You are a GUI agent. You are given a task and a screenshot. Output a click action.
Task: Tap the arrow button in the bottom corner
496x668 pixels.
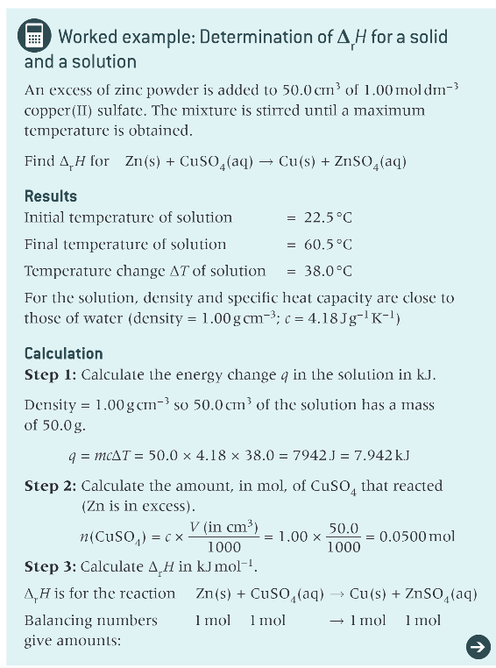477,645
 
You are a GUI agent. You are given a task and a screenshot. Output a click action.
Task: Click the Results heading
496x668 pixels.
50,195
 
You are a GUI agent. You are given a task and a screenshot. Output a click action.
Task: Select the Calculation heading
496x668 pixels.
63,353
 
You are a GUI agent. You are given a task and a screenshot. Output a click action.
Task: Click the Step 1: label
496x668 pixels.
50,375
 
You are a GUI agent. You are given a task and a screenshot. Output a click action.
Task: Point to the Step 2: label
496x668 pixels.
50,485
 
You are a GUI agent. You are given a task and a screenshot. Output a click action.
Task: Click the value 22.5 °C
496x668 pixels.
327,217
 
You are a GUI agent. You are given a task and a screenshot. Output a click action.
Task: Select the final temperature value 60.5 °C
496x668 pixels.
327,245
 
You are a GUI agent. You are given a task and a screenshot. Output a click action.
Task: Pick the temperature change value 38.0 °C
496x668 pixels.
327,272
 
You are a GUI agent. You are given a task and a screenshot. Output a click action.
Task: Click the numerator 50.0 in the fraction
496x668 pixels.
343,528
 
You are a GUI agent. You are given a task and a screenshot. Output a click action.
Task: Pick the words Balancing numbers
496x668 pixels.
90,620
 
